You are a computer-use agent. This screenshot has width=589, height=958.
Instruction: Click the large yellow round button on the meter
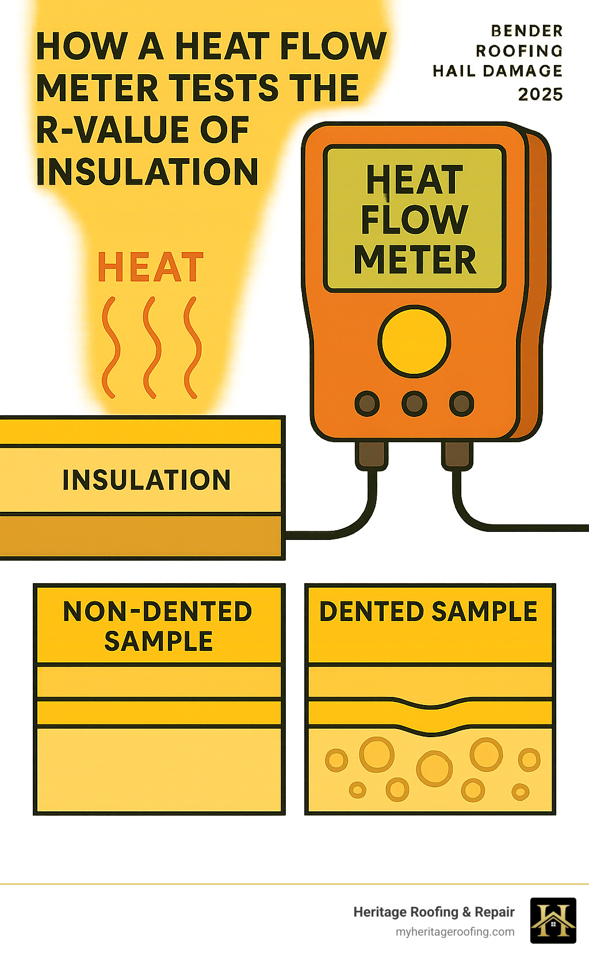pos(414,342)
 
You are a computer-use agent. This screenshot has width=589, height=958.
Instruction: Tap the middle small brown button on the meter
pos(414,404)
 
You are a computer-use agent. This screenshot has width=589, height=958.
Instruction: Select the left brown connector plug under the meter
pos(371,454)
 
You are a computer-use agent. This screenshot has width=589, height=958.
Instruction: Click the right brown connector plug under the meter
pos(457,454)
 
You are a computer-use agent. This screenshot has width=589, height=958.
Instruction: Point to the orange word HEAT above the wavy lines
pos(151,267)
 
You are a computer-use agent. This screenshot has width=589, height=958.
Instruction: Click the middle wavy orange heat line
pos(151,347)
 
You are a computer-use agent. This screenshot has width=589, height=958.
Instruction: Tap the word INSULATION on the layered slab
pos(146,480)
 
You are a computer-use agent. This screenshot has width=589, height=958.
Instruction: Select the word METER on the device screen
pos(415,260)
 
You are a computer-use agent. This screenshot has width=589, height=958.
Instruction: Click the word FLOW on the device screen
pos(414,220)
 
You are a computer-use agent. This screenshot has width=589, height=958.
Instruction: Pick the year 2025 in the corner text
pos(540,94)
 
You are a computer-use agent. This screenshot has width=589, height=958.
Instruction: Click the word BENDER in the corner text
pos(527,30)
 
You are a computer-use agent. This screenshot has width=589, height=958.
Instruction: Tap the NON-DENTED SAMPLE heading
pos(158,626)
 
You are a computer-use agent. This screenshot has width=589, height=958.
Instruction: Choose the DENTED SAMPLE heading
pos(429,611)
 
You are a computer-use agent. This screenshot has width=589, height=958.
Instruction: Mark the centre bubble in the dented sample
pos(434,768)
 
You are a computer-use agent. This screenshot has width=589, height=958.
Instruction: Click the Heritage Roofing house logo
pos(553,920)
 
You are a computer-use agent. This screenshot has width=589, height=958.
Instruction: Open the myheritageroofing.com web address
pos(455,932)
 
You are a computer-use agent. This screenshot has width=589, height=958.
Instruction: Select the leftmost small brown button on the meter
pos(367,404)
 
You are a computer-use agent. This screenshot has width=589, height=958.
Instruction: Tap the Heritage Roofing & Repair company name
pos(434,912)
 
